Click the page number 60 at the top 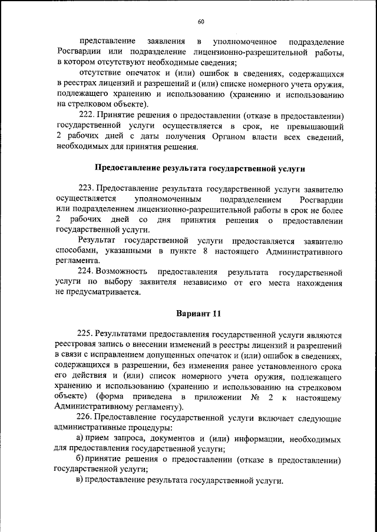point(201,22)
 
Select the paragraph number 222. point(86,115)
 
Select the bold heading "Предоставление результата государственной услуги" point(200,168)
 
